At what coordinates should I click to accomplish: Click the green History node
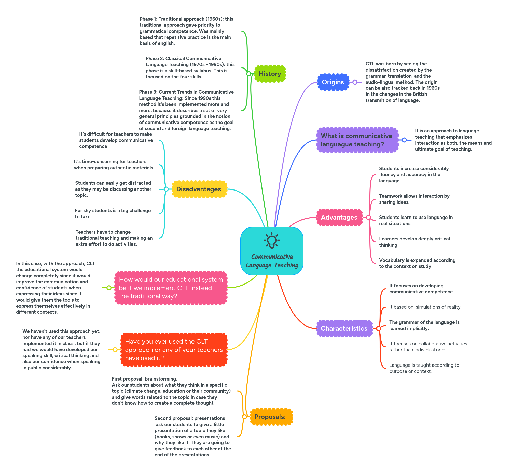(x=270, y=74)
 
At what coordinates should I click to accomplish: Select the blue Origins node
(x=333, y=82)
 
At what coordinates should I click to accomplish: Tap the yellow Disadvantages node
(x=199, y=189)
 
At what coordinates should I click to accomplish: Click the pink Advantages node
(x=339, y=217)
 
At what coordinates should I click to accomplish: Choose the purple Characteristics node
(x=344, y=328)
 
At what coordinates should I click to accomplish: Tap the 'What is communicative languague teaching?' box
(x=357, y=140)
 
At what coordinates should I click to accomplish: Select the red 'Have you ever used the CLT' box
(x=174, y=350)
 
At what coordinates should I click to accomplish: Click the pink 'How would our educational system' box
(x=171, y=288)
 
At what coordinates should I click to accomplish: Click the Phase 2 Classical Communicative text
(x=190, y=67)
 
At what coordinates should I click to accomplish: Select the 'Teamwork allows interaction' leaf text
(x=414, y=199)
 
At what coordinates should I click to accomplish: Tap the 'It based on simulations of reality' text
(x=425, y=307)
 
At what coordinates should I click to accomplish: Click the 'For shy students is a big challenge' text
(x=113, y=213)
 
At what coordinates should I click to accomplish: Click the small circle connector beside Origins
(x=355, y=82)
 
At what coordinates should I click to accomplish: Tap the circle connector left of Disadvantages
(x=166, y=189)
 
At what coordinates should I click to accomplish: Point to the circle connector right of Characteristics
(x=378, y=328)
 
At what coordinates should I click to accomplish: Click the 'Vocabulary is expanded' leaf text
(x=417, y=263)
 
